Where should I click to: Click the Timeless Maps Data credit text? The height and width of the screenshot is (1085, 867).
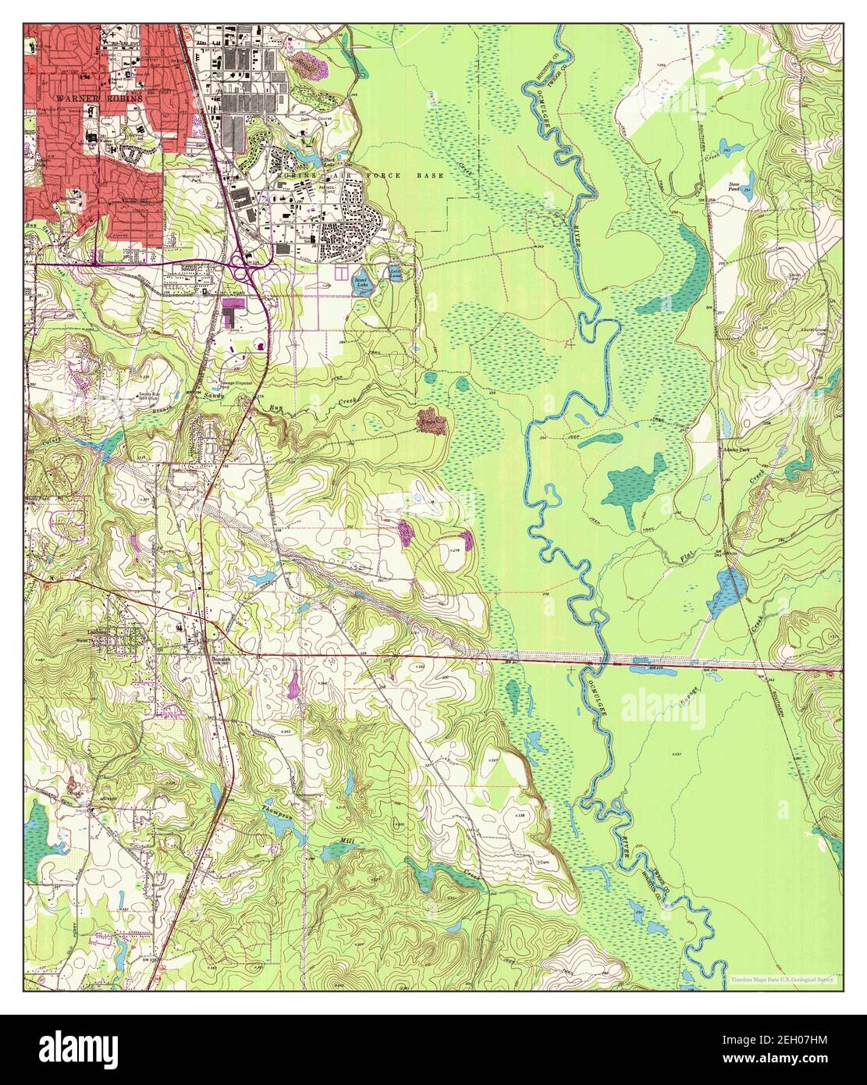coord(781,979)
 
